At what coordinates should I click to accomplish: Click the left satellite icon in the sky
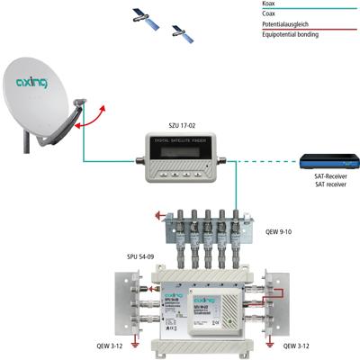point(142,14)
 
